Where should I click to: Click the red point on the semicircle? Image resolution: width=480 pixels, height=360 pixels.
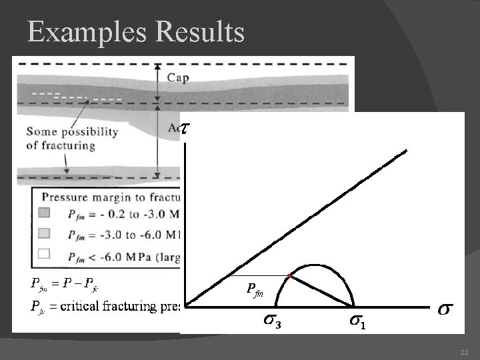coord(290,275)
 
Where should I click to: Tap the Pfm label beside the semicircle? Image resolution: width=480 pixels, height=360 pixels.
coord(255,289)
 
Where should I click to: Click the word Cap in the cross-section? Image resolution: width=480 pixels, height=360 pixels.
coord(177,78)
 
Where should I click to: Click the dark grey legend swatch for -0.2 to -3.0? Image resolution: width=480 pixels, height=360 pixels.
coord(45,213)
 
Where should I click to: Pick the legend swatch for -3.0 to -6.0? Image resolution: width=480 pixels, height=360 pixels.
coord(45,233)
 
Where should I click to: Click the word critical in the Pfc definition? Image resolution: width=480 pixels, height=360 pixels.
coord(83,307)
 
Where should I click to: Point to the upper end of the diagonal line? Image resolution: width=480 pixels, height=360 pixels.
coord(405,151)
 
